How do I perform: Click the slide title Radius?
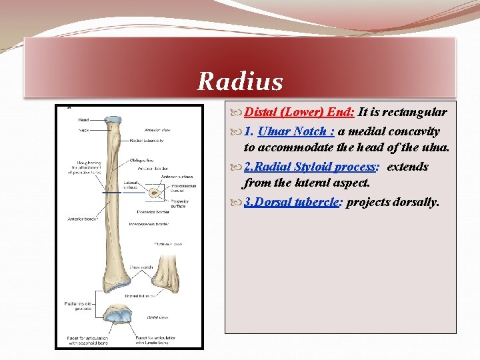pyautogui.click(x=240, y=82)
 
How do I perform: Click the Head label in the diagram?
pyautogui.click(x=83, y=120)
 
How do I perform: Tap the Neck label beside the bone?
pyautogui.click(x=83, y=130)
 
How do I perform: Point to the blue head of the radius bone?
pyautogui.click(x=113, y=120)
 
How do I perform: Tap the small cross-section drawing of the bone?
pyautogui.click(x=155, y=193)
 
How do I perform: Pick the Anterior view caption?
pyautogui.click(x=157, y=130)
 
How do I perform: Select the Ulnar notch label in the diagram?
pyautogui.click(x=141, y=267)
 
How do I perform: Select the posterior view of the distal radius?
pyautogui.click(x=170, y=273)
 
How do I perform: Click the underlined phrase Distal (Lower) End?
pyautogui.click(x=299, y=113)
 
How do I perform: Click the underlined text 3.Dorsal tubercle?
pyautogui.click(x=293, y=202)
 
